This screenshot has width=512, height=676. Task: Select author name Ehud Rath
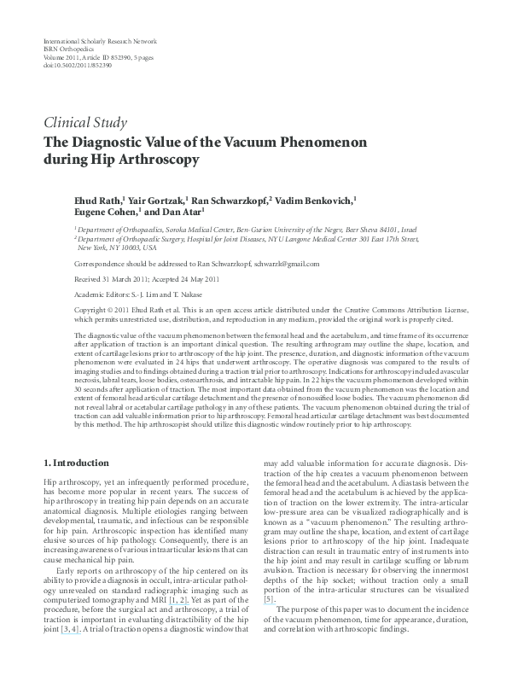coord(98,200)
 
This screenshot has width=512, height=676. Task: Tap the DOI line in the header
coord(76,64)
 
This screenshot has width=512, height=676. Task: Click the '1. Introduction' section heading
coord(76,463)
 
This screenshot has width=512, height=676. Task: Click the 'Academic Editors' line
coord(130,293)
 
